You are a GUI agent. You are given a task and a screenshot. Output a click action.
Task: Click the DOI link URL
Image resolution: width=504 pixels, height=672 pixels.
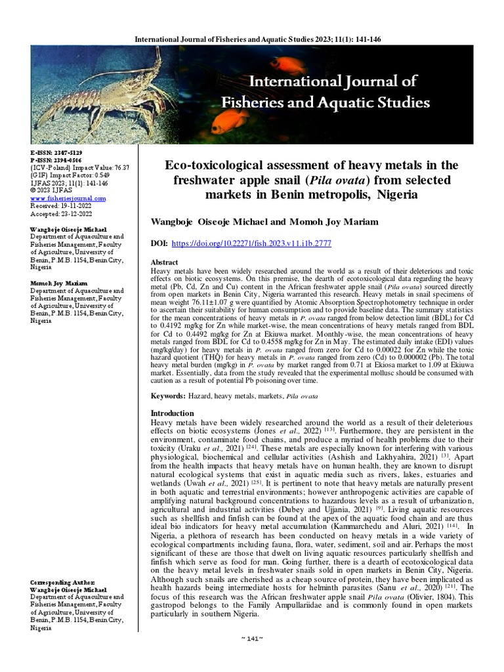(x=251, y=243)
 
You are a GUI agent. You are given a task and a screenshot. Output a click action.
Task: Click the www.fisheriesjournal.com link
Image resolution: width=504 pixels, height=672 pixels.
(x=68, y=198)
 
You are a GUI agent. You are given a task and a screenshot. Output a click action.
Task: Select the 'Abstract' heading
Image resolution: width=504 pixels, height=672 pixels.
(x=165, y=262)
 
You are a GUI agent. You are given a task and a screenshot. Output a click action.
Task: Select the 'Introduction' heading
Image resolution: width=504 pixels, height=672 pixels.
(x=173, y=413)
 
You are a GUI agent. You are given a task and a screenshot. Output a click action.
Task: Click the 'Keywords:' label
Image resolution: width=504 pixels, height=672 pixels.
(x=169, y=397)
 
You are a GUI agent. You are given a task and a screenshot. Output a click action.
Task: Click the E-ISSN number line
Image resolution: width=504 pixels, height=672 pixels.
(x=58, y=152)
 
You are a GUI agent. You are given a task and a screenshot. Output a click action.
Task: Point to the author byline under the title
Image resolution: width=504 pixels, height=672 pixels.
(x=264, y=222)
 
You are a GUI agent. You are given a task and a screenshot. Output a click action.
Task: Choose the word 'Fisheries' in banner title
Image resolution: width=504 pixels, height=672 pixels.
(x=253, y=102)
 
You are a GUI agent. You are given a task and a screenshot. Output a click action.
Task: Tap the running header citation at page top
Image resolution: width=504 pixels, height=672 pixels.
(x=257, y=39)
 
